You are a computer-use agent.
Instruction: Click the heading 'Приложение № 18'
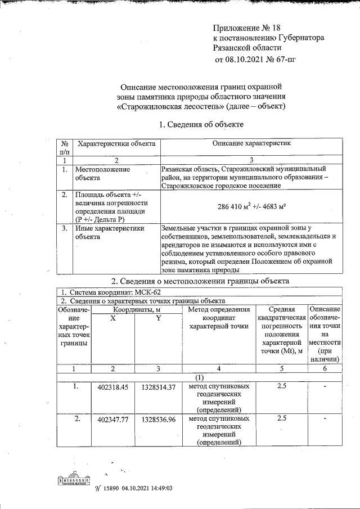(x=247, y=28)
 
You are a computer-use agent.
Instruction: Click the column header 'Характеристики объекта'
(x=116, y=144)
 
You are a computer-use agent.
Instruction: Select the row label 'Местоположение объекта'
(x=103, y=173)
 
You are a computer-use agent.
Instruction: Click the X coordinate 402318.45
(x=113, y=388)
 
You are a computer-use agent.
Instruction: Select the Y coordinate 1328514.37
(x=159, y=388)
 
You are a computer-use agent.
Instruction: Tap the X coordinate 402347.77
(x=113, y=420)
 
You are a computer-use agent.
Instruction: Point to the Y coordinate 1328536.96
(x=159, y=420)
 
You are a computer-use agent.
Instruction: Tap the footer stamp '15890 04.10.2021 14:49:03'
(x=133, y=489)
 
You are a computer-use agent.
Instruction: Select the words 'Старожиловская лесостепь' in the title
(x=168, y=106)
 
